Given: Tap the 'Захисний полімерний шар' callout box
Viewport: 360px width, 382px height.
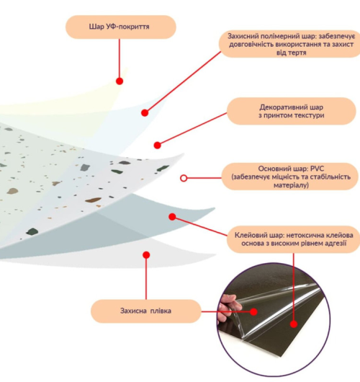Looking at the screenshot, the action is (289, 44).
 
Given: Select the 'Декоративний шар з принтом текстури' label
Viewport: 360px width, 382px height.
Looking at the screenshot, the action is (292, 111).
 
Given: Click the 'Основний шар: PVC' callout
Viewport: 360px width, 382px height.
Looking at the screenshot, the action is (290, 177).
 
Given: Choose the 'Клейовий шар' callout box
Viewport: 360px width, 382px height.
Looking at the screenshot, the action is (294, 239).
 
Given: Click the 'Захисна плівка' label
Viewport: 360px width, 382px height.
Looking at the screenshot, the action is (146, 311).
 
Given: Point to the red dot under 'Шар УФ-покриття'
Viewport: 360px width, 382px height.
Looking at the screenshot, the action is (120, 81).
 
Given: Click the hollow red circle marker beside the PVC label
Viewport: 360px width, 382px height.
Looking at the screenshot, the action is (184, 178).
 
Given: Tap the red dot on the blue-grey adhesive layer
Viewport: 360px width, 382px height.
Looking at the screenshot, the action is (172, 216).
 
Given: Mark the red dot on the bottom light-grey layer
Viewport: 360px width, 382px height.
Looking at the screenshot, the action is (146, 255).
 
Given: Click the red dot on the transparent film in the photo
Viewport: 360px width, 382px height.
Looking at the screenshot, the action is (253, 311).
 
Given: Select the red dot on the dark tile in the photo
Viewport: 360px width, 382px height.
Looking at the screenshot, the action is (294, 324).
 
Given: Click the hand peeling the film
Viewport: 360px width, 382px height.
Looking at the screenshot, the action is (227, 309).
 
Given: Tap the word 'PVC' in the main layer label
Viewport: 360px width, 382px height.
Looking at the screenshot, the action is (318, 169).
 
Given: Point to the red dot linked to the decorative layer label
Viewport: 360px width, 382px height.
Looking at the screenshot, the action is (157, 145).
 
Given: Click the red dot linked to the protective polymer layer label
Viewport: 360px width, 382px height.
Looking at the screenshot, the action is (145, 112).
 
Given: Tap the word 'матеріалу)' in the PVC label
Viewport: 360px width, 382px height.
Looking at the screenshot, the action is (291, 185).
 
